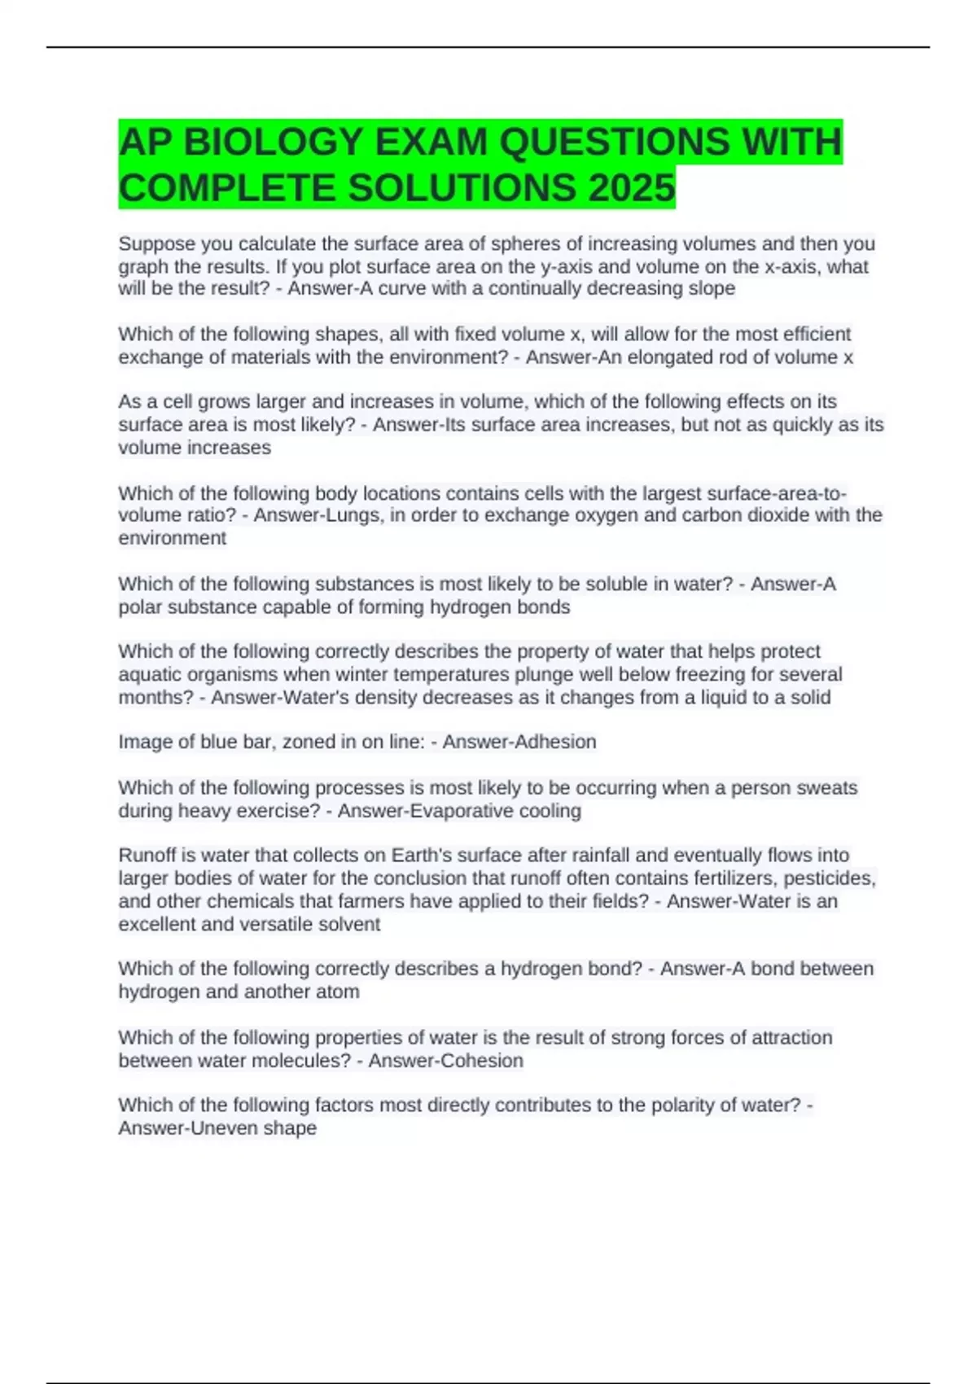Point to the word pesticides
point(829,878)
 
